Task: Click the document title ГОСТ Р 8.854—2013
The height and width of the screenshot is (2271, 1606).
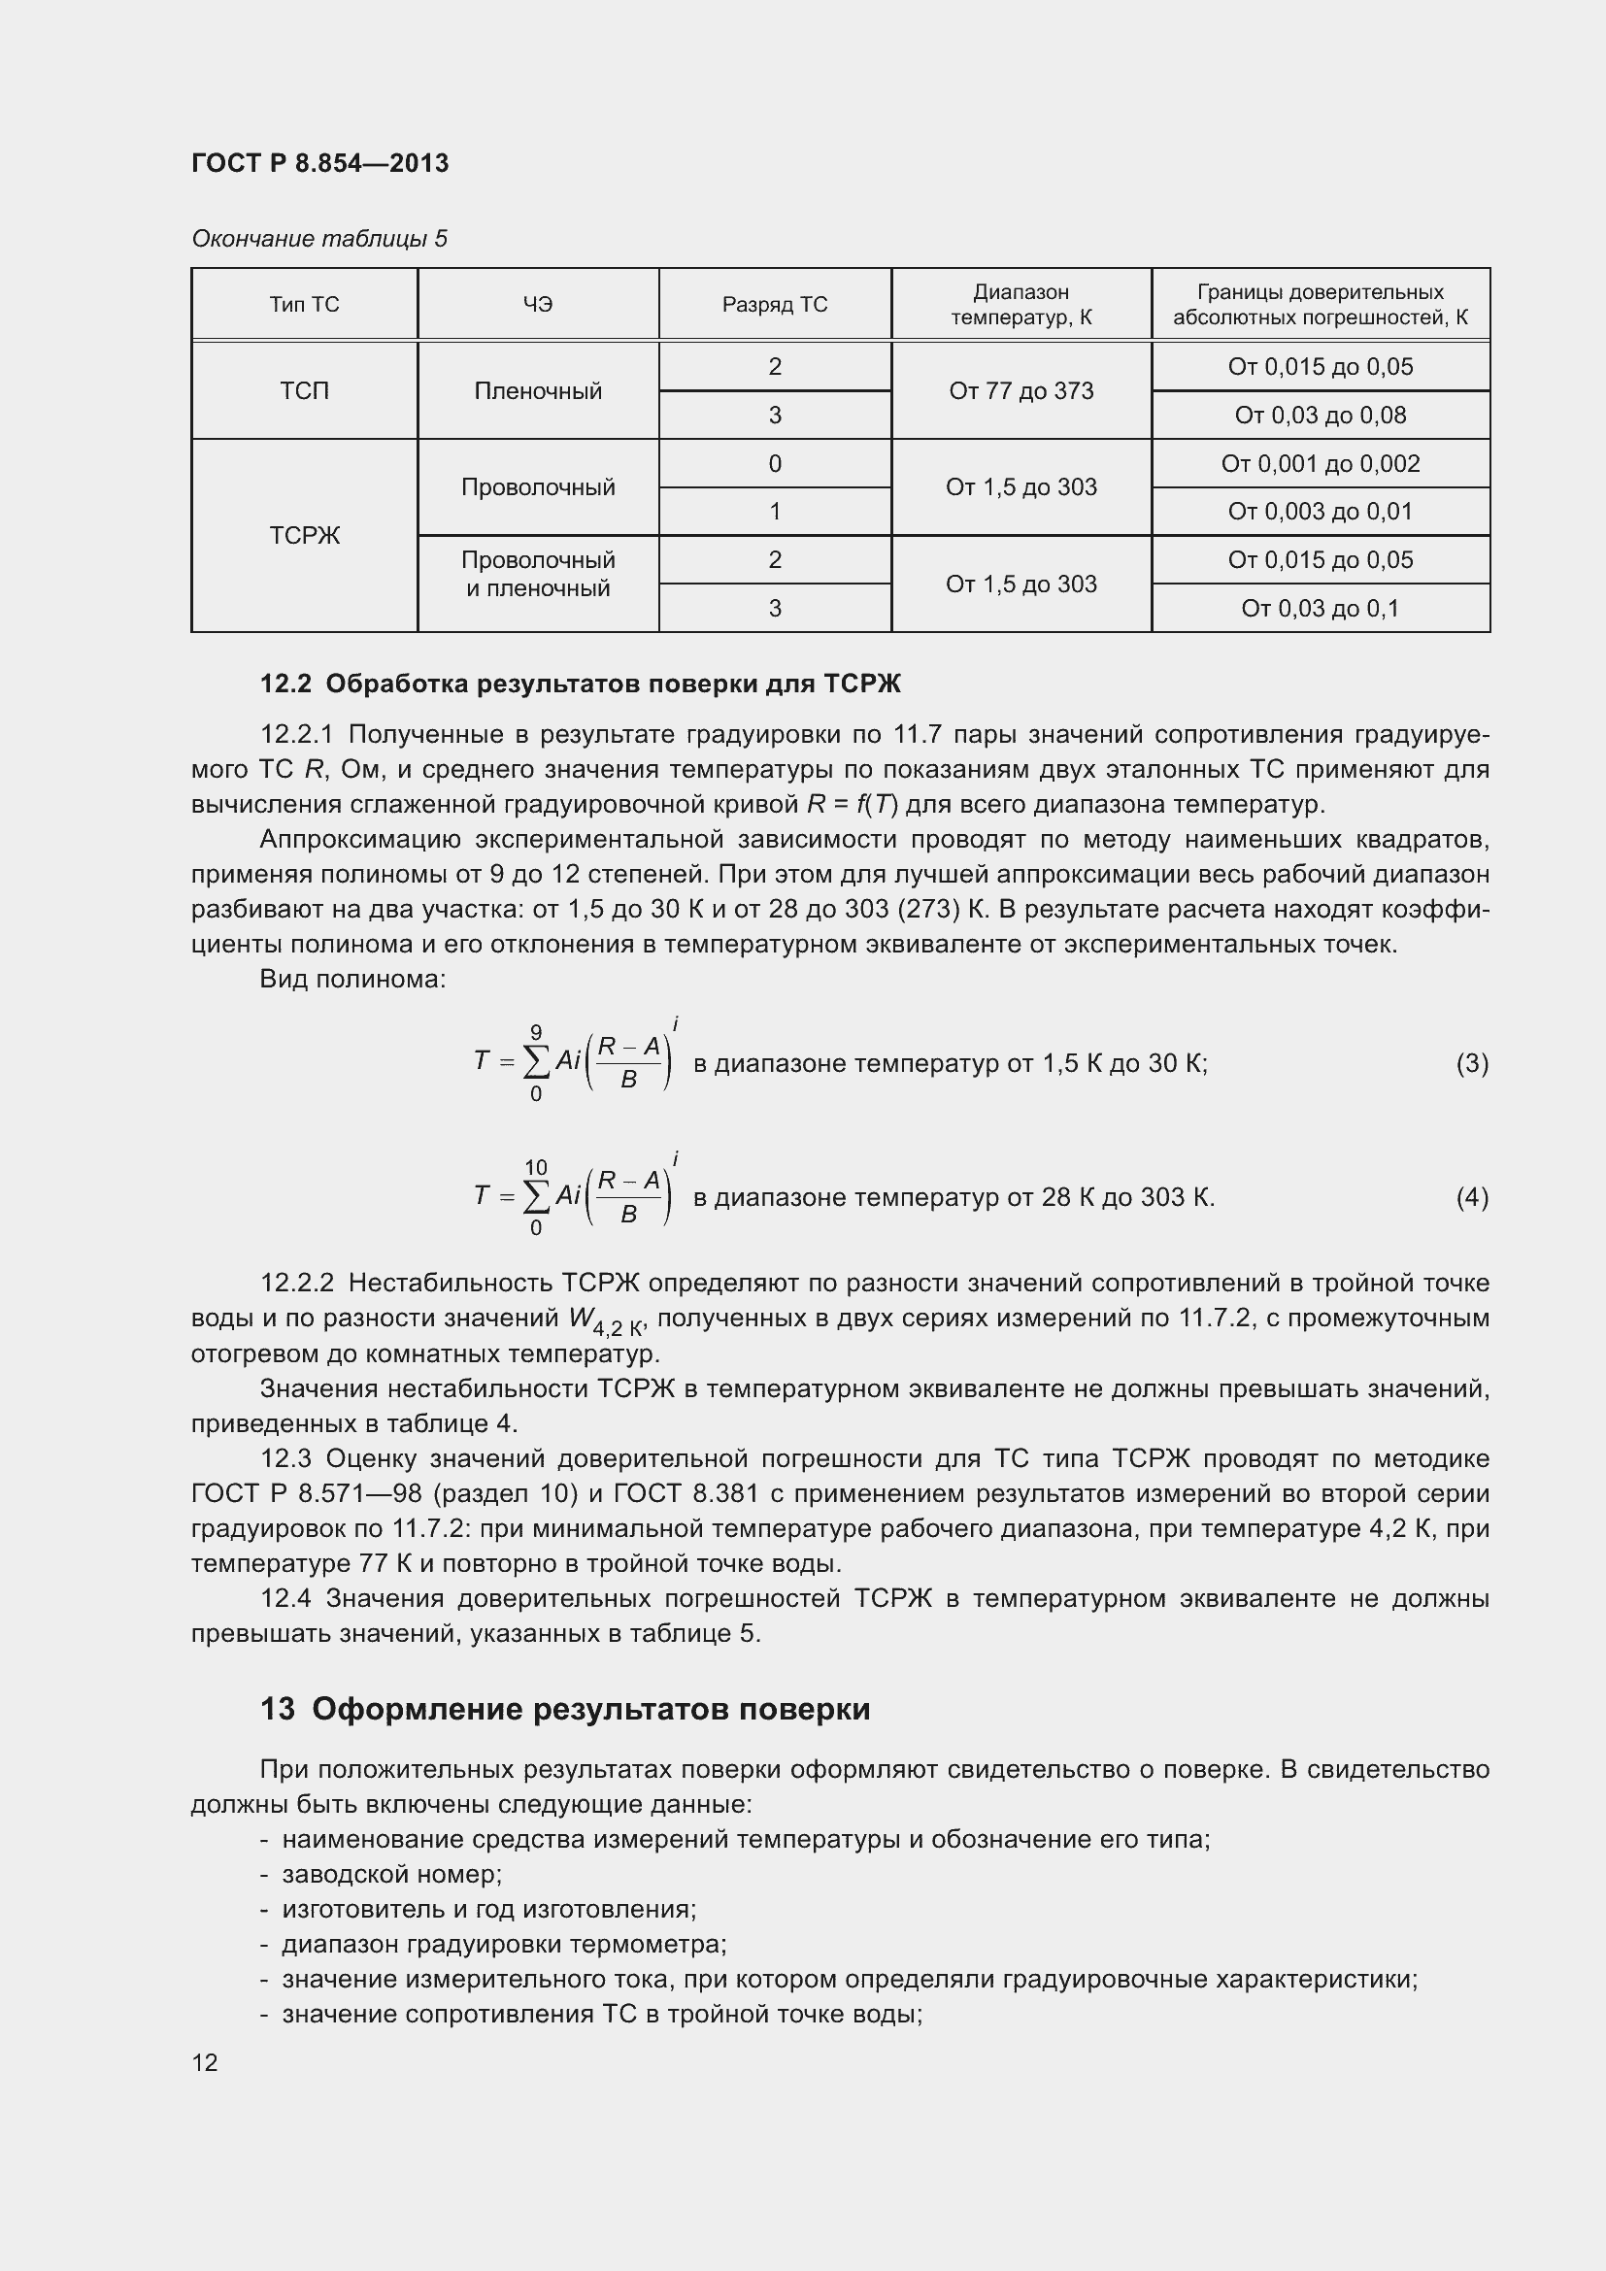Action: [319, 163]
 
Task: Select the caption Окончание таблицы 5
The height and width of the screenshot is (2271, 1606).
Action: [318, 239]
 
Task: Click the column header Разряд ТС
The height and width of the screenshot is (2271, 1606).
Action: [774, 305]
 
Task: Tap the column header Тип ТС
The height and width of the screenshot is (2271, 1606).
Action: [304, 305]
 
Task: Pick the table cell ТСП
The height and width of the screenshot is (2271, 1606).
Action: [304, 390]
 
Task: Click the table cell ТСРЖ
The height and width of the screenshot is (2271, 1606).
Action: [304, 535]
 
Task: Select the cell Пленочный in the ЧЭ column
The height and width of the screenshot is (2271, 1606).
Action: [538, 390]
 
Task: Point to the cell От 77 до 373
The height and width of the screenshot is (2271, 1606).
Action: [1020, 390]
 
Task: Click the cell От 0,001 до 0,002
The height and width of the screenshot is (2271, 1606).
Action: [1320, 463]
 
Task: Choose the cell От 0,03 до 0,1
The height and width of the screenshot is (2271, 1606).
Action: [1320, 609]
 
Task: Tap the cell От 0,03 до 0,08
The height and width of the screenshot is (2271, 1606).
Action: [1320, 416]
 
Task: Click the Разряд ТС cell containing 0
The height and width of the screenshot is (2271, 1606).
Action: [774, 463]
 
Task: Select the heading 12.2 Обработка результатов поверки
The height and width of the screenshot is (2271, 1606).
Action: [581, 684]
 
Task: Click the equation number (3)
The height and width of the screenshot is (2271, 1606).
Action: [1470, 1063]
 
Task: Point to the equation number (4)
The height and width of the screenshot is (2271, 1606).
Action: [1470, 1198]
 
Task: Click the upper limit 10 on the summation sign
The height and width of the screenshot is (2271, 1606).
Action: [535, 1167]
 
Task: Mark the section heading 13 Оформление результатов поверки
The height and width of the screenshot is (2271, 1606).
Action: [565, 1709]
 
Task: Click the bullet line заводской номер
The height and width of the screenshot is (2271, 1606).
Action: [391, 1874]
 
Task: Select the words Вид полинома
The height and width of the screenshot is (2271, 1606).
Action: [352, 980]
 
